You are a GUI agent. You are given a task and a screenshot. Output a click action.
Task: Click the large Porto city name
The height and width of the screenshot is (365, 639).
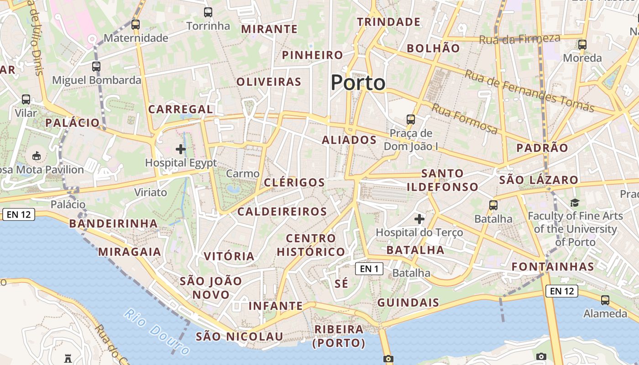[358, 83]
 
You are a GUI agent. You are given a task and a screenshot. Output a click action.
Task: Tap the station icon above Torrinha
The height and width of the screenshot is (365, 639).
[208, 12]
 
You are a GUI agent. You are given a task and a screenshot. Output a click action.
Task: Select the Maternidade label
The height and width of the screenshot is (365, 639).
[136, 38]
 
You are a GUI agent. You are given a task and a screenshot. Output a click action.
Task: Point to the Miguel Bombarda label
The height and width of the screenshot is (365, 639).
[96, 80]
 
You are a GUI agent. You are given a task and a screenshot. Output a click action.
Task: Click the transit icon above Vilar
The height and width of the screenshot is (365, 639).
[26, 99]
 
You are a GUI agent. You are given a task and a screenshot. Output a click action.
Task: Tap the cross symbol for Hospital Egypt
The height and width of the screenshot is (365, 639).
[181, 149]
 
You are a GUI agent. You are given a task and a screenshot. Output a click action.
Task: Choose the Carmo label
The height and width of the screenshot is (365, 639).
[243, 173]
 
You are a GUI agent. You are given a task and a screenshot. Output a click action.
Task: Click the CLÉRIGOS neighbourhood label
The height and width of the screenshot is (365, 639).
[294, 182]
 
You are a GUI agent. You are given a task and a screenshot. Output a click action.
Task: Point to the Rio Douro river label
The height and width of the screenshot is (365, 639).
[157, 332]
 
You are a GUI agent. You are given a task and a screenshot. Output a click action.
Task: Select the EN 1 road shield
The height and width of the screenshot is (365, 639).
[369, 269]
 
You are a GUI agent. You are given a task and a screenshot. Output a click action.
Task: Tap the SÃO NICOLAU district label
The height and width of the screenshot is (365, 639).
[240, 337]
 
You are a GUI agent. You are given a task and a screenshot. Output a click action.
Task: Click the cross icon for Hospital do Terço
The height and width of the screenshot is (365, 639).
[419, 219]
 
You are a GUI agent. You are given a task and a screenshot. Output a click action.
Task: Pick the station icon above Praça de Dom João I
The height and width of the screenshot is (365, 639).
[411, 120]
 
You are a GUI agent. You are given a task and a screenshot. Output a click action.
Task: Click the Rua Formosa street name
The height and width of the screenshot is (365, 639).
[465, 119]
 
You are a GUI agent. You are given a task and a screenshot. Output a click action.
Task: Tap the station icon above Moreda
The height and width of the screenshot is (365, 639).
[582, 45]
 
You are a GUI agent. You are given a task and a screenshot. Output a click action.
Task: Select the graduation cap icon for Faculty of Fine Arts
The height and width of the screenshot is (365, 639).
[575, 203]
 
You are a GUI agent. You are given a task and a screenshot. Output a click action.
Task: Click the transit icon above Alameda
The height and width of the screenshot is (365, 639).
[605, 300]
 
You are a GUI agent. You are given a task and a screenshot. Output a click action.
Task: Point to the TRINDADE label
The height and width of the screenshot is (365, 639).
[388, 22]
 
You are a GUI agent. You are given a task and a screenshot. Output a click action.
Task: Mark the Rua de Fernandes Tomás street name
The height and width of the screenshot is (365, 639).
[529, 91]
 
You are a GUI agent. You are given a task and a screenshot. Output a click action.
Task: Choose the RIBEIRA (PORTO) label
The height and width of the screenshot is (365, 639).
[339, 336]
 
